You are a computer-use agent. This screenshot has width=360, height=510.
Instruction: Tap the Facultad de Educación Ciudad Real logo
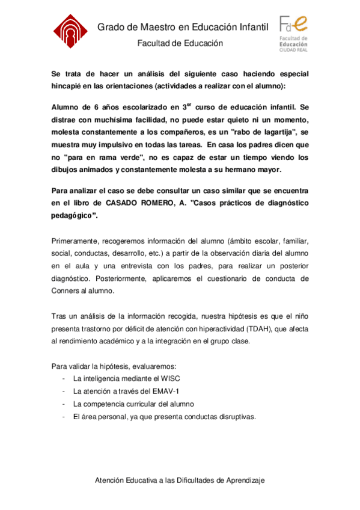(293, 34)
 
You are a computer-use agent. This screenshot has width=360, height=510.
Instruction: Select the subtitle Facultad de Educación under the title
(180, 43)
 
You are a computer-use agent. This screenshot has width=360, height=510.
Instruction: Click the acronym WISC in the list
(170, 379)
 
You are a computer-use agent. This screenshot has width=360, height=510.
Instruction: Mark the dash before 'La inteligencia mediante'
(64, 379)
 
